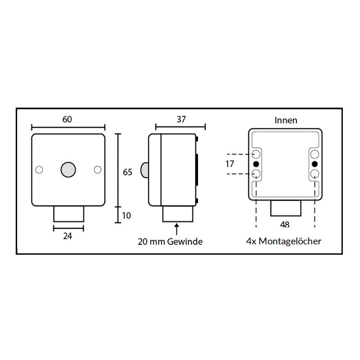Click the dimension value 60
click(x=67, y=119)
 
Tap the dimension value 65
click(x=127, y=172)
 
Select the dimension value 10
click(x=126, y=216)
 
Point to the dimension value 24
click(x=67, y=236)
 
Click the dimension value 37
click(x=181, y=119)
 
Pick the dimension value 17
click(x=229, y=164)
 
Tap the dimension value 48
click(x=285, y=224)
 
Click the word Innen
click(x=286, y=120)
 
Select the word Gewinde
click(x=185, y=242)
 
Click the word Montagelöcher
click(x=290, y=241)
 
